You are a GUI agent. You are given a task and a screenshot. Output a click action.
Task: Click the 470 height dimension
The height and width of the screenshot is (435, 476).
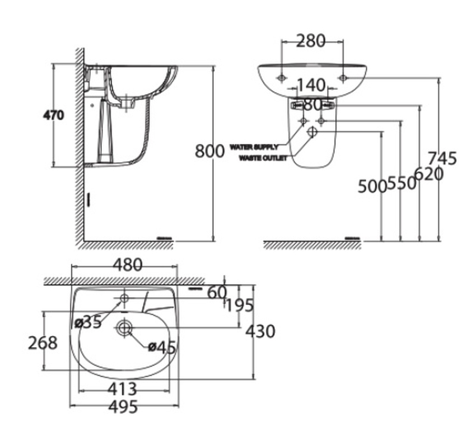[x=54, y=116]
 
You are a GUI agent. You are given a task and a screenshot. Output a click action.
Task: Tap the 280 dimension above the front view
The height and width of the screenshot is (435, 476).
[x=310, y=41]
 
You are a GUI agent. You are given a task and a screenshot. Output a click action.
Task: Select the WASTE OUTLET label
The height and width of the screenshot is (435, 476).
[x=263, y=158]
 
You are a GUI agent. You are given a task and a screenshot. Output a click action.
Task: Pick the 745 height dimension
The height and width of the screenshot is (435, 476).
[x=442, y=158]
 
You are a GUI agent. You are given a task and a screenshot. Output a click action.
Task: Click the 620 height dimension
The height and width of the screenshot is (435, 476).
[x=429, y=174]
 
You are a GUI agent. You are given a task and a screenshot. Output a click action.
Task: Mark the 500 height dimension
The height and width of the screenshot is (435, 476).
[x=372, y=186]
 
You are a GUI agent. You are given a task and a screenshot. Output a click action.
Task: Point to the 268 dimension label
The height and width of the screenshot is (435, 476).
[x=43, y=342]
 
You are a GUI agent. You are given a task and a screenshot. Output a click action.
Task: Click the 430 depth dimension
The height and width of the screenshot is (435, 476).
[x=261, y=331]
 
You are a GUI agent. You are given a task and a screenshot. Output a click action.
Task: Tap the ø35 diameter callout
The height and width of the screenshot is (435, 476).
[x=88, y=322]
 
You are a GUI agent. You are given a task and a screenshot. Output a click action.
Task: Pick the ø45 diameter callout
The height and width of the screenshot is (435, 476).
[x=162, y=347]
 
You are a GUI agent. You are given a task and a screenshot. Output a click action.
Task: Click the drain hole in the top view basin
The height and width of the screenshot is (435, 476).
[x=124, y=327]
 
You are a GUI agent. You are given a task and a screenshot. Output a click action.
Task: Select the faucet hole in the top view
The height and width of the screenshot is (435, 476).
[x=124, y=297]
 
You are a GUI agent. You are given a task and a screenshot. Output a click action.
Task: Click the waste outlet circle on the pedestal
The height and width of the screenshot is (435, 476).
[x=312, y=132]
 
